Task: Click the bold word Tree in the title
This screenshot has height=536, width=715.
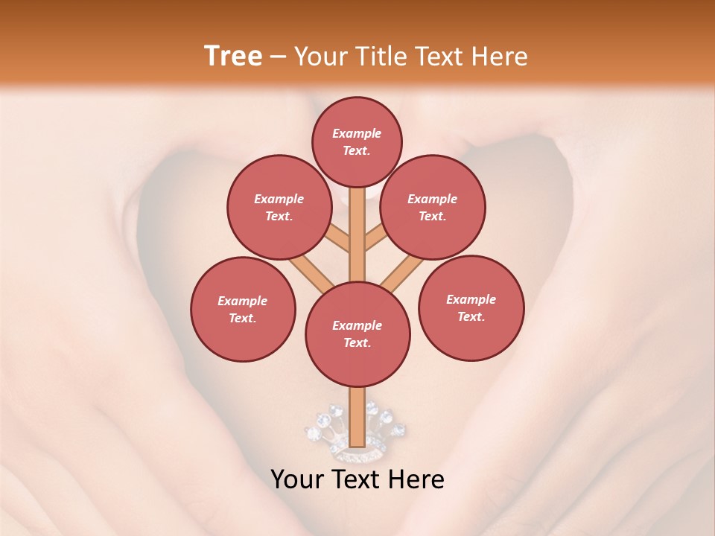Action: pyautogui.click(x=233, y=57)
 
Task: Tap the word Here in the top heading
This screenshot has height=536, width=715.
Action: pyautogui.click(x=499, y=57)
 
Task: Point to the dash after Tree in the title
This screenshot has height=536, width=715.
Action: pyautogui.click(x=278, y=57)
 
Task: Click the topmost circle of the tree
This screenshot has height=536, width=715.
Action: pyautogui.click(x=357, y=141)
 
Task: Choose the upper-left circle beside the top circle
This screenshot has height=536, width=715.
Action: pyautogui.click(x=279, y=207)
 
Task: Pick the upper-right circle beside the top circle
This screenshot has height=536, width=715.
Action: pyautogui.click(x=433, y=207)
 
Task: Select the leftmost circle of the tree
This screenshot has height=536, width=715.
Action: pyautogui.click(x=243, y=309)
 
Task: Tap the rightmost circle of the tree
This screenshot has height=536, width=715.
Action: pyautogui.click(x=471, y=307)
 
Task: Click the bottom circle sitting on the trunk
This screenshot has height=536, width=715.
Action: pyautogui.click(x=357, y=334)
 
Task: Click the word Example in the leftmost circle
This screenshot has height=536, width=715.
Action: pyautogui.click(x=243, y=301)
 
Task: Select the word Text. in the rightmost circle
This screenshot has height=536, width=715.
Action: pyautogui.click(x=471, y=316)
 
